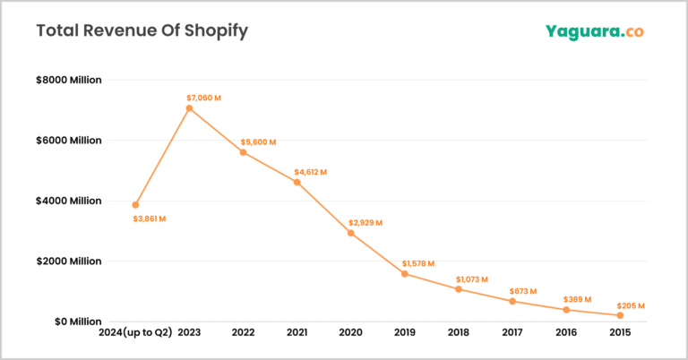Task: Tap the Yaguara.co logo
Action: pyautogui.click(x=594, y=31)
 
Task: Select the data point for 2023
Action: pyautogui.click(x=189, y=108)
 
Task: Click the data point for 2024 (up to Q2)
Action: pyautogui.click(x=135, y=205)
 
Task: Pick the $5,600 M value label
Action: pyautogui.click(x=258, y=142)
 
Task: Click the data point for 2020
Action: pyautogui.click(x=350, y=233)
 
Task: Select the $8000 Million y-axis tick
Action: pyautogui.click(x=69, y=80)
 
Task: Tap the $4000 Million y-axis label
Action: pyautogui.click(x=69, y=201)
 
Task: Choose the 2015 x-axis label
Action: pyautogui.click(x=619, y=333)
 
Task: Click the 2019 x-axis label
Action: pyautogui.click(x=404, y=333)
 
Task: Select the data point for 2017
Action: pyautogui.click(x=512, y=301)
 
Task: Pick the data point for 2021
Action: pyautogui.click(x=297, y=182)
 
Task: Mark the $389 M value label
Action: pyautogui.click(x=578, y=299)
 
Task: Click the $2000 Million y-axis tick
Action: pyautogui.click(x=69, y=261)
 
